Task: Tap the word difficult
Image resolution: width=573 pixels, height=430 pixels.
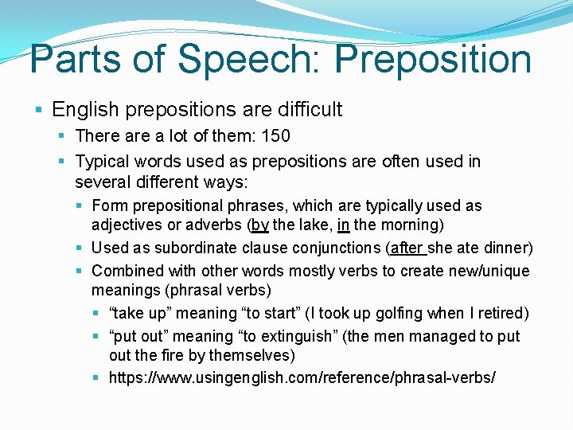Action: point(302,109)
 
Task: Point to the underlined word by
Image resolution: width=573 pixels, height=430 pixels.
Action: point(260,225)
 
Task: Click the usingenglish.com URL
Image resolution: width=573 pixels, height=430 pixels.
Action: point(302,377)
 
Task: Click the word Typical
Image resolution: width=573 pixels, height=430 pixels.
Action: point(99,162)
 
